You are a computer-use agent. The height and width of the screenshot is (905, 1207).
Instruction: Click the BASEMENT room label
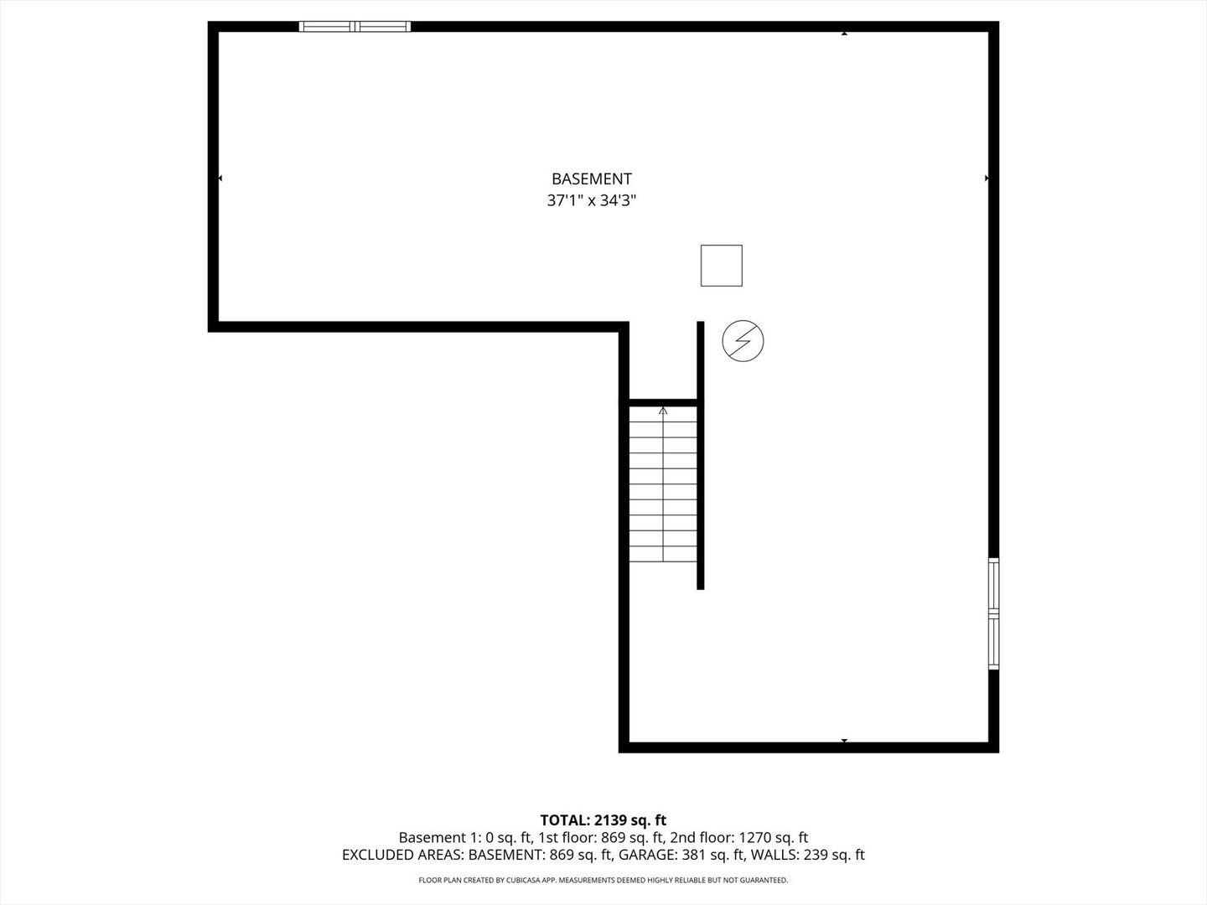click(x=591, y=178)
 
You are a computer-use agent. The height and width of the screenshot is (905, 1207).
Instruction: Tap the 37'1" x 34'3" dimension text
click(x=591, y=201)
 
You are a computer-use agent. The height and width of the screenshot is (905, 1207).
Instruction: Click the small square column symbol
click(x=721, y=266)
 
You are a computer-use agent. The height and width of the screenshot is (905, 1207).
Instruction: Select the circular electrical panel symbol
click(x=743, y=341)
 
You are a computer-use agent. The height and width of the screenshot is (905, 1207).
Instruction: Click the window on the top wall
click(x=355, y=27)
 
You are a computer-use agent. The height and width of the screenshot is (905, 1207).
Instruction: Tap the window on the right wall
click(x=993, y=613)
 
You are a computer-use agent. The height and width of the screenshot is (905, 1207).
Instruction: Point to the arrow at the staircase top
click(x=663, y=411)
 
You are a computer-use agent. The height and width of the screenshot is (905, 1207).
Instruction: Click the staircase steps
click(x=663, y=486)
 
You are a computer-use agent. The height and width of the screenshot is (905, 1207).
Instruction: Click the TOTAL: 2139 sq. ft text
click(x=603, y=820)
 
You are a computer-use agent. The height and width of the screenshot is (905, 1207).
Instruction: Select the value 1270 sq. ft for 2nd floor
click(x=773, y=837)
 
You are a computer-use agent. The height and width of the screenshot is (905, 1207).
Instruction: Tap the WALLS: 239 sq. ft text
click(x=807, y=856)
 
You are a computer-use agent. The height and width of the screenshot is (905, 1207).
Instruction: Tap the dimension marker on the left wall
click(x=220, y=178)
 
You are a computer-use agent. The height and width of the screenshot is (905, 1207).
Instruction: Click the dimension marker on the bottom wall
click(x=844, y=741)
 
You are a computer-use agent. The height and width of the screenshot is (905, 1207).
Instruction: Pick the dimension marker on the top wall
click(x=844, y=34)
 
